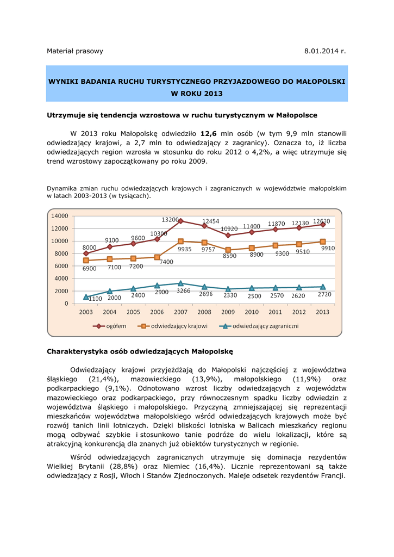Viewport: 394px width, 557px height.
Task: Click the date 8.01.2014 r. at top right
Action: (x=325, y=51)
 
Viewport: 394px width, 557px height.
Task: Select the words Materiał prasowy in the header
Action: (x=75, y=51)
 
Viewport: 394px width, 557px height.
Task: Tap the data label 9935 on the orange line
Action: (x=185, y=249)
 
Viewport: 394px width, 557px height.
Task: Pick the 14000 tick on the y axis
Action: (x=60, y=216)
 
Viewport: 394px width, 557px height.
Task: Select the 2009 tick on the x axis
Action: (x=228, y=312)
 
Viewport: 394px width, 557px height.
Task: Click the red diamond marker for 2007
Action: (x=180, y=221)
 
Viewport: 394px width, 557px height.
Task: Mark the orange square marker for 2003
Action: (x=86, y=261)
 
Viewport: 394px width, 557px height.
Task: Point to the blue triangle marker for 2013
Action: (x=323, y=287)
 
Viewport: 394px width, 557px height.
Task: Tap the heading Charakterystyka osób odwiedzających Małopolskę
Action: (x=140, y=351)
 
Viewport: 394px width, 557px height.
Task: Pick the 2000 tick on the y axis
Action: (x=62, y=291)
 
